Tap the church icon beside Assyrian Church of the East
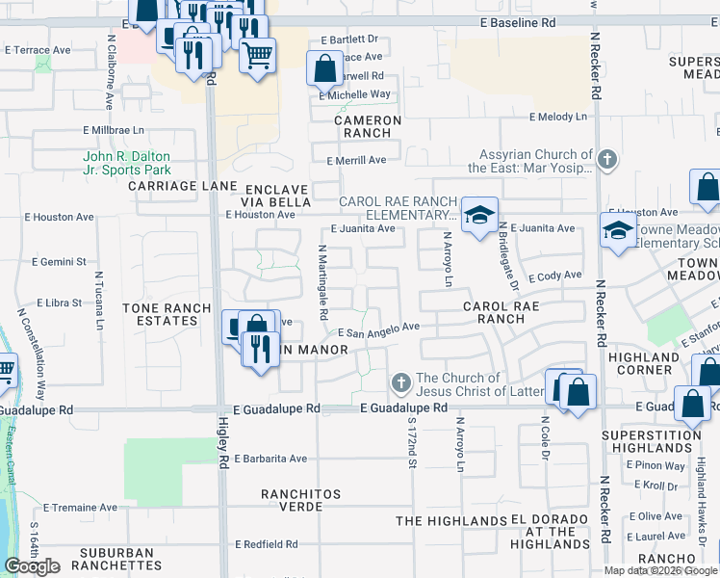click(606, 160)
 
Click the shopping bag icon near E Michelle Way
click(324, 67)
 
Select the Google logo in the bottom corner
click(32, 566)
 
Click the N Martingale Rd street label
click(322, 283)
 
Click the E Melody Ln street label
click(557, 117)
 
